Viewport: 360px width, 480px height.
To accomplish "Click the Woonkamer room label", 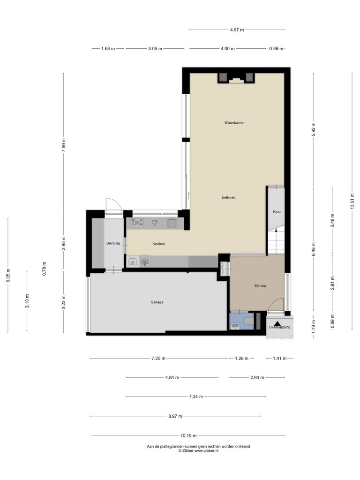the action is (234, 123).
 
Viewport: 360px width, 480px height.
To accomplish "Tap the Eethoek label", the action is (228, 197).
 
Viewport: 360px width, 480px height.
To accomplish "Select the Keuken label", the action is (159, 244).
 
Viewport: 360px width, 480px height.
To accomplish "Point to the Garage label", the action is (157, 302).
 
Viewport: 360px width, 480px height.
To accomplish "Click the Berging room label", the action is (113, 244).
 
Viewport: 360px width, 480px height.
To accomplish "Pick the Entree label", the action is (261, 286).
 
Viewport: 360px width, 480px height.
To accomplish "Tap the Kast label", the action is (277, 212).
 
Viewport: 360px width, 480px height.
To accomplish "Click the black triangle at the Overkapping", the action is (277, 323).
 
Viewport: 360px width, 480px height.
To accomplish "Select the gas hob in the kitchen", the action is (137, 222).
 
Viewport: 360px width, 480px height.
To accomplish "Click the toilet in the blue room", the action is (248, 321).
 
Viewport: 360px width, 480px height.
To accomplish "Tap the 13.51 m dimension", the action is (352, 202).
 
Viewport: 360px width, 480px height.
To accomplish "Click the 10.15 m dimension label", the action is (188, 435).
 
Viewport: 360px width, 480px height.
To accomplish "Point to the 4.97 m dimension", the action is (237, 30).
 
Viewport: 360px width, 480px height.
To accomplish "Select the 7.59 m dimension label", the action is (63, 145).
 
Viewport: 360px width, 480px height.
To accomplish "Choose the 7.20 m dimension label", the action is (158, 359).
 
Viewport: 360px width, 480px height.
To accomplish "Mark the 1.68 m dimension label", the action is (108, 49).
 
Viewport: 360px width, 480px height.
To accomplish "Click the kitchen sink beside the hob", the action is (172, 223).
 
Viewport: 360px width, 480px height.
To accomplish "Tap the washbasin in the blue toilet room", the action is (235, 326).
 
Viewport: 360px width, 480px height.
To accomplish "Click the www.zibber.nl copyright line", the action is (198, 450).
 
